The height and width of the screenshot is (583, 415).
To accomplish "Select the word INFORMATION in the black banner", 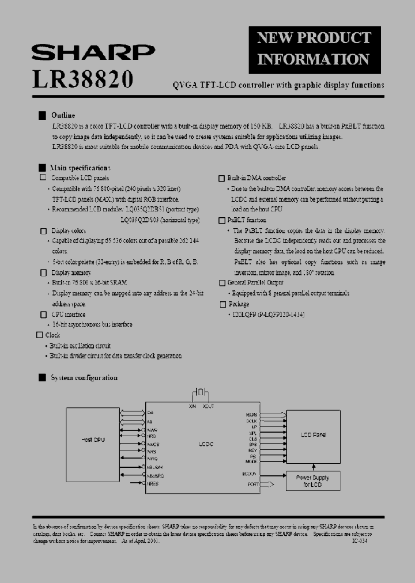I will pos(313,59).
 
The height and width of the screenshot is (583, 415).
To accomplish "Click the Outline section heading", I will pos(63,115).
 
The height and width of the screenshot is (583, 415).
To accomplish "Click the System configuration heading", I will pos(84,378).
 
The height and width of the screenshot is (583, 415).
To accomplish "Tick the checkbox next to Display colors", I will pos(43,231).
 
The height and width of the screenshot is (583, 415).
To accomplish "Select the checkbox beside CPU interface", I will pos(43,315).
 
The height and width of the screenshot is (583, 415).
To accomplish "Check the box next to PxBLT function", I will pos(222,221).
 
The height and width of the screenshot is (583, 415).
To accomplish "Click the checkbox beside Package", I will pos(222,304).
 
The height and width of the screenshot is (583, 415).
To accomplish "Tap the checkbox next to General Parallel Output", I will pos(222,283).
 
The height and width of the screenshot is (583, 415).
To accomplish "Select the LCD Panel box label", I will pos(314,435).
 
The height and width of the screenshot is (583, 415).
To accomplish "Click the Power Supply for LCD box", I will pos(313,480).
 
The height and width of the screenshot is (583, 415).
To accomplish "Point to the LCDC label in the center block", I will pos(206,444).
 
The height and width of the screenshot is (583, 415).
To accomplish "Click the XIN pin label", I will pos(192,407).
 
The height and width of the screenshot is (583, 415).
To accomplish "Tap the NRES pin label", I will pos(152,484).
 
